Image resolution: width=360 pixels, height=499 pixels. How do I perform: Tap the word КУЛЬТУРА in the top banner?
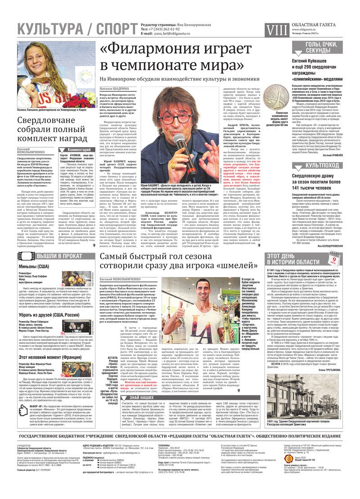[49, 30]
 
